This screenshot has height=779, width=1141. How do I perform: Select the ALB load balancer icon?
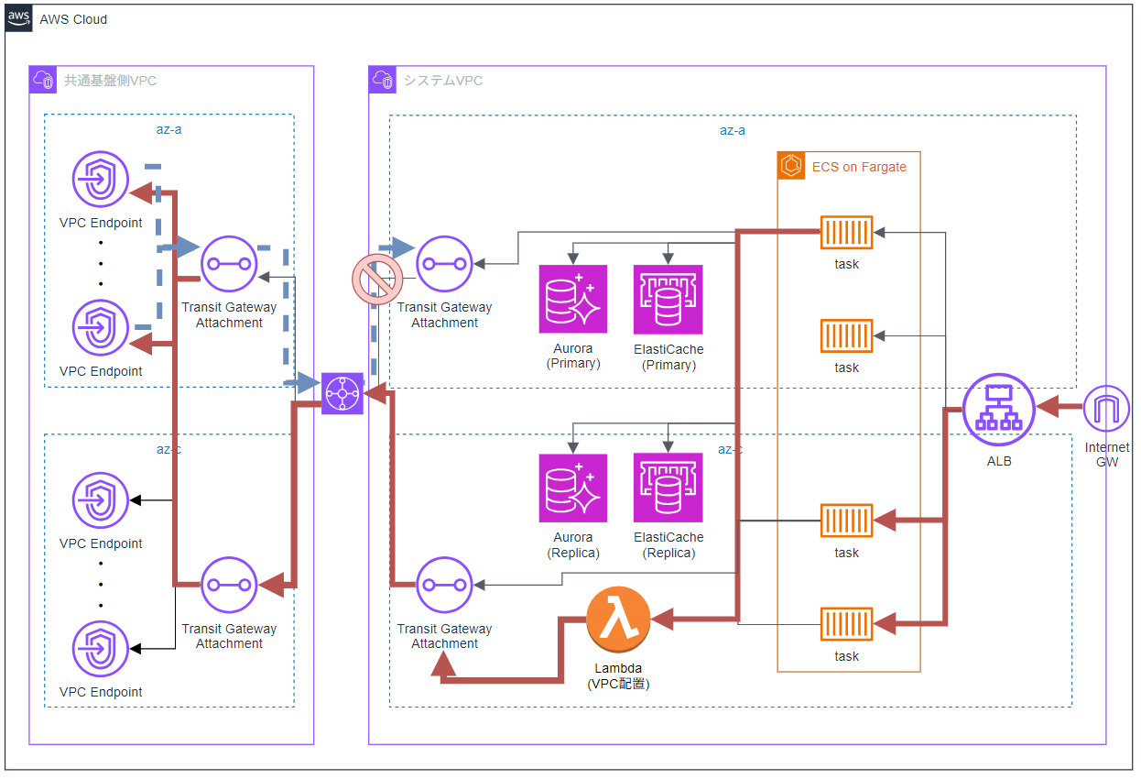tap(998, 409)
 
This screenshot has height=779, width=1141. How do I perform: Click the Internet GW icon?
tap(1105, 409)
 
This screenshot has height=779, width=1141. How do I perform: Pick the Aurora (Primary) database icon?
tap(573, 300)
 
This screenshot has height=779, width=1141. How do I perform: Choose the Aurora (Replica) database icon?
tap(573, 488)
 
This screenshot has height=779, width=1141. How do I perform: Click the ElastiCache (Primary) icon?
tap(668, 300)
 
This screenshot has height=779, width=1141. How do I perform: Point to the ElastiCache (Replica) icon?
tap(668, 488)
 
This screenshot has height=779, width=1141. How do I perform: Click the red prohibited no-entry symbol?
tap(377, 280)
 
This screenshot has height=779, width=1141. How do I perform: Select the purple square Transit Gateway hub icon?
tap(342, 393)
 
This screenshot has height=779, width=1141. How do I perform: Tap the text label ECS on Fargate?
tap(859, 167)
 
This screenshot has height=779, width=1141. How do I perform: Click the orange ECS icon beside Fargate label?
tap(791, 166)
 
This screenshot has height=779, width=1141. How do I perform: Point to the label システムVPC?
tap(443, 81)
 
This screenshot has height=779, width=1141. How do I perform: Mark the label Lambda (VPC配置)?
tap(618, 675)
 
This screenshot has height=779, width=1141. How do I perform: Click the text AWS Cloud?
tap(73, 19)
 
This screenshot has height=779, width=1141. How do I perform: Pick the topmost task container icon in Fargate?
tap(846, 233)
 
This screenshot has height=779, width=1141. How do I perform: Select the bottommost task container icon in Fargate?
tap(846, 624)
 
